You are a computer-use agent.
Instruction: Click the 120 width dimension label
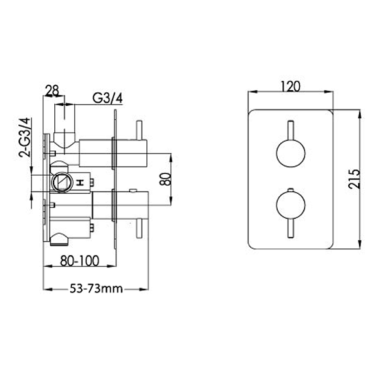click(291, 86)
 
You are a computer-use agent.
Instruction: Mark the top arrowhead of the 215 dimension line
click(363, 110)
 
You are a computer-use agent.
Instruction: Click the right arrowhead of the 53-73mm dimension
click(145, 289)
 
